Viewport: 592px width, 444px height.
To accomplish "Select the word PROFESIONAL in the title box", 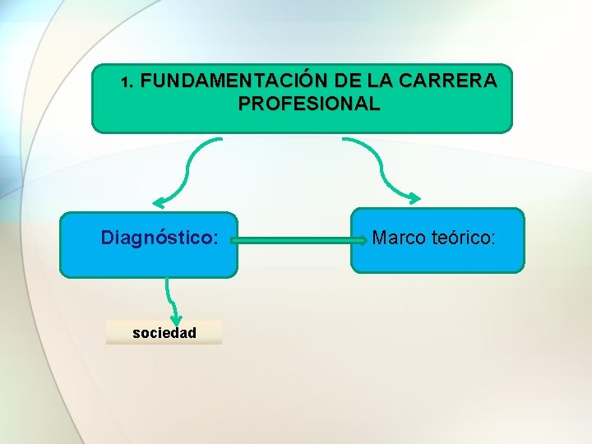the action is tap(309, 104).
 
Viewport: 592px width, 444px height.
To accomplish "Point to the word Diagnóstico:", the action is tap(160, 238).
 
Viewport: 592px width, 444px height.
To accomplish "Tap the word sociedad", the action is tap(164, 333).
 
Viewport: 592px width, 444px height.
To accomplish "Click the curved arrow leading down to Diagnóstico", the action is tap(189, 169).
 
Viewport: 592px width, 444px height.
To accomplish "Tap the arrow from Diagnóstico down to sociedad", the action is tap(169, 296).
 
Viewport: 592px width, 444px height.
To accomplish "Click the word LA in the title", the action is tap(381, 81).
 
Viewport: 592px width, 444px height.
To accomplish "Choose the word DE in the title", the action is tap(348, 81).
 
